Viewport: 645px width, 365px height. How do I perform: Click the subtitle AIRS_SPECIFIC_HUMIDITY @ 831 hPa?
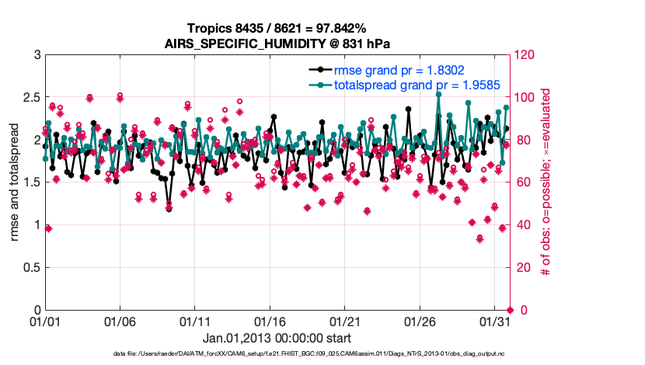click(277, 43)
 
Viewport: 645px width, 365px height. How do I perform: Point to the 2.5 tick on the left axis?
click(28, 98)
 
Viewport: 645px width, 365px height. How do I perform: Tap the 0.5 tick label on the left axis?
click(28, 268)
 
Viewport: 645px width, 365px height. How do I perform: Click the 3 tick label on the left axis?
click(36, 55)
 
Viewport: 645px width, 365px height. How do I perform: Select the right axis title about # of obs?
click(546, 182)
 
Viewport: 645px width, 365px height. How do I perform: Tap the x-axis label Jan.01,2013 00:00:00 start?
click(277, 338)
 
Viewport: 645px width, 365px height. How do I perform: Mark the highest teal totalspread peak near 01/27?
click(439, 94)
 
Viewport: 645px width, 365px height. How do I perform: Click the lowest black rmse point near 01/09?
click(169, 209)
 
